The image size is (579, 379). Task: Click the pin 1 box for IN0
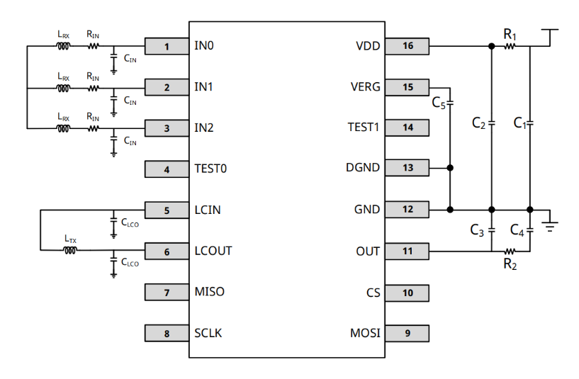[x=167, y=47]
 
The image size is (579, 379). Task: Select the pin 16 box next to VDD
[x=407, y=47]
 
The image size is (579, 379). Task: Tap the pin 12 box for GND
[x=407, y=210]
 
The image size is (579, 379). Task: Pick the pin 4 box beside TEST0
[x=167, y=169]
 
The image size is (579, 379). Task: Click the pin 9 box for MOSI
[x=407, y=333]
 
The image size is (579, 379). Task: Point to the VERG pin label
[x=365, y=87]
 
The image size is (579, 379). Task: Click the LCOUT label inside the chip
[x=213, y=251]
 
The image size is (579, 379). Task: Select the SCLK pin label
[x=208, y=333]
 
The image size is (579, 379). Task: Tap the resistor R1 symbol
[x=510, y=47]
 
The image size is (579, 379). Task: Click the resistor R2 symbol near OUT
[x=510, y=251]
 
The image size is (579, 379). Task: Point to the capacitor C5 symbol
[x=451, y=104]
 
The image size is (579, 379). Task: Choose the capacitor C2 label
[x=479, y=123]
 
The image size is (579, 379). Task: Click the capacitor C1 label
[x=519, y=123]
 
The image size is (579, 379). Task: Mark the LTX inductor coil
[x=71, y=249]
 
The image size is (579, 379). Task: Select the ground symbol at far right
[x=549, y=225]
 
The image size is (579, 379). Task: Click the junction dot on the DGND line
[x=451, y=169]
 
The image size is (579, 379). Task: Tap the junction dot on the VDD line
[x=492, y=47]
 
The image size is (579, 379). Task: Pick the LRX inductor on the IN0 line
[x=63, y=47]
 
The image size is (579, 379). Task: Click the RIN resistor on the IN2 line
[x=94, y=128]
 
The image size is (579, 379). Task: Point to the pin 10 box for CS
[x=407, y=292]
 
